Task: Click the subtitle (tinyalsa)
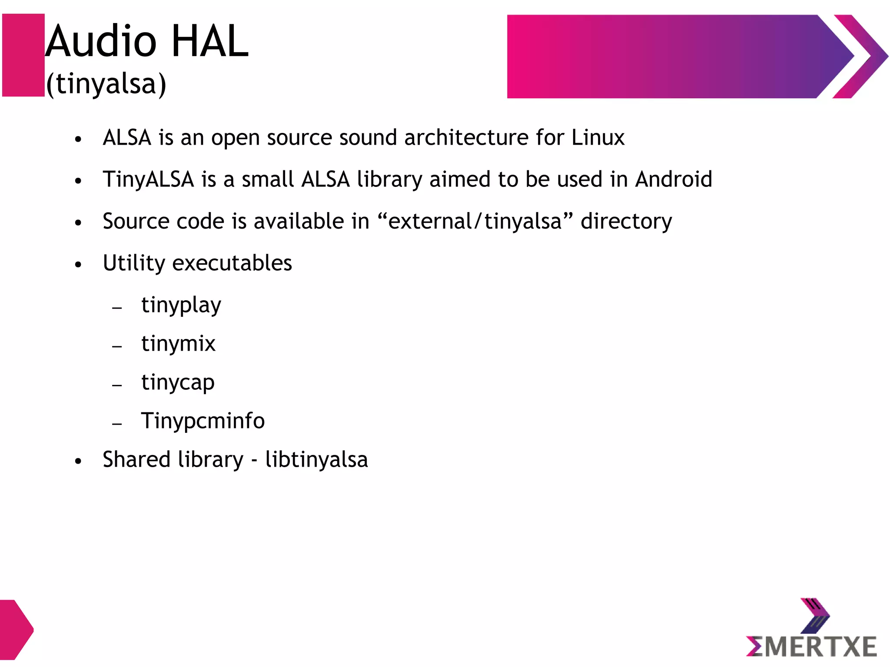pyautogui.click(x=106, y=83)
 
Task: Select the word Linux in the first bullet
pyautogui.click(x=598, y=138)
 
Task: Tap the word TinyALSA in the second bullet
pyautogui.click(x=148, y=179)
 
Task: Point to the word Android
pyautogui.click(x=673, y=179)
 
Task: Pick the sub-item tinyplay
pyautogui.click(x=181, y=305)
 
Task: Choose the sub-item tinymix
pyautogui.click(x=178, y=344)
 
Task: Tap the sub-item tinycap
pyautogui.click(x=178, y=383)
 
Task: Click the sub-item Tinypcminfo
pyautogui.click(x=203, y=421)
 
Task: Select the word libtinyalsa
pyautogui.click(x=316, y=460)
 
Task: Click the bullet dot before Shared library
pyautogui.click(x=78, y=461)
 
